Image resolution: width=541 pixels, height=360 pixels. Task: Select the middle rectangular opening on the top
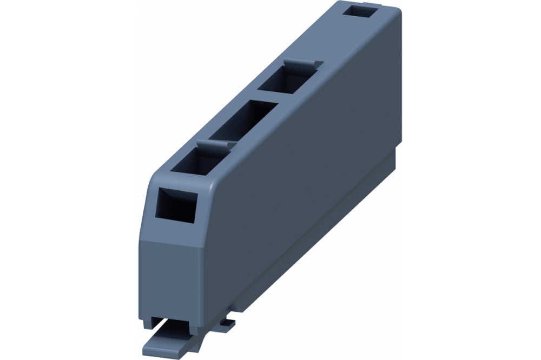point(242,119)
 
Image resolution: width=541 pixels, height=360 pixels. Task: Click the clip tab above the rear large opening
point(303,64)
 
